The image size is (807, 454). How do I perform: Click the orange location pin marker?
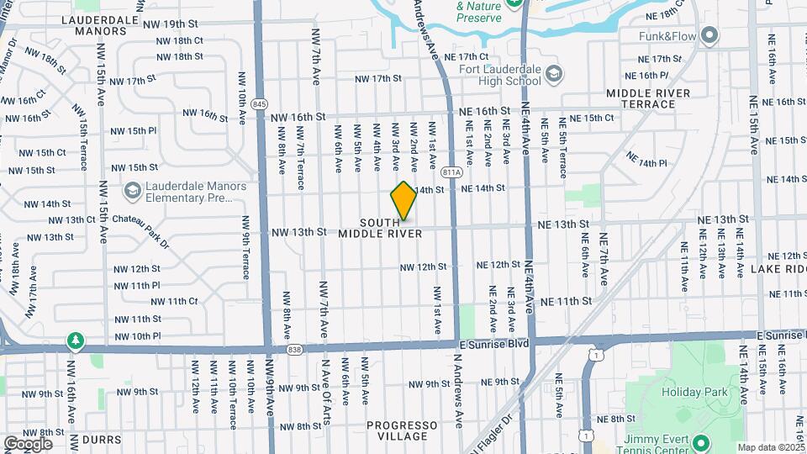tap(403, 200)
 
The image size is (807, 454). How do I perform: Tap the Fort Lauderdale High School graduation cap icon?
tap(553, 75)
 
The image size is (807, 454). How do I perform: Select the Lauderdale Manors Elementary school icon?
tap(132, 192)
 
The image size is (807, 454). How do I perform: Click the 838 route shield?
tap(293, 349)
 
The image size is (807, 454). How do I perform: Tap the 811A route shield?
tap(451, 172)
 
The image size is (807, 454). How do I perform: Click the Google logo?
tap(28, 443)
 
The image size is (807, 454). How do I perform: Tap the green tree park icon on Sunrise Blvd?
tap(76, 340)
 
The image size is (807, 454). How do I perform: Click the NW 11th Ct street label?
tap(171, 301)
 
